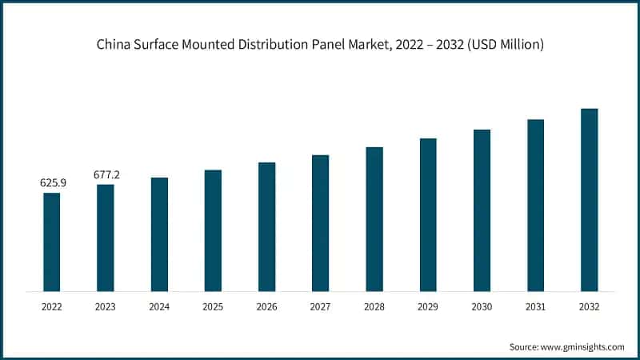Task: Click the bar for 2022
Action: tap(52, 242)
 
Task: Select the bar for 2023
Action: tap(106, 238)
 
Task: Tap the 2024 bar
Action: tap(159, 234)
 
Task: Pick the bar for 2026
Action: tap(266, 226)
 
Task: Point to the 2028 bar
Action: tap(374, 218)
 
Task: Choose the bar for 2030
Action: tap(482, 210)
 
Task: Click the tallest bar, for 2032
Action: tap(589, 199)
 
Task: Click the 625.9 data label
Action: tap(53, 183)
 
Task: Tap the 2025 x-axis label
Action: tap(213, 306)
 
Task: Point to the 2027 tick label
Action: tap(320, 306)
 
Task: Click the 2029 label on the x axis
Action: tap(428, 306)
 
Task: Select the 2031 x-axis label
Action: tap(535, 306)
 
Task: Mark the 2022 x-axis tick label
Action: tap(52, 306)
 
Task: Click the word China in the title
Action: tap(114, 45)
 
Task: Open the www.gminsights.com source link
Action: tap(584, 346)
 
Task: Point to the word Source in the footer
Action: tap(524, 346)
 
